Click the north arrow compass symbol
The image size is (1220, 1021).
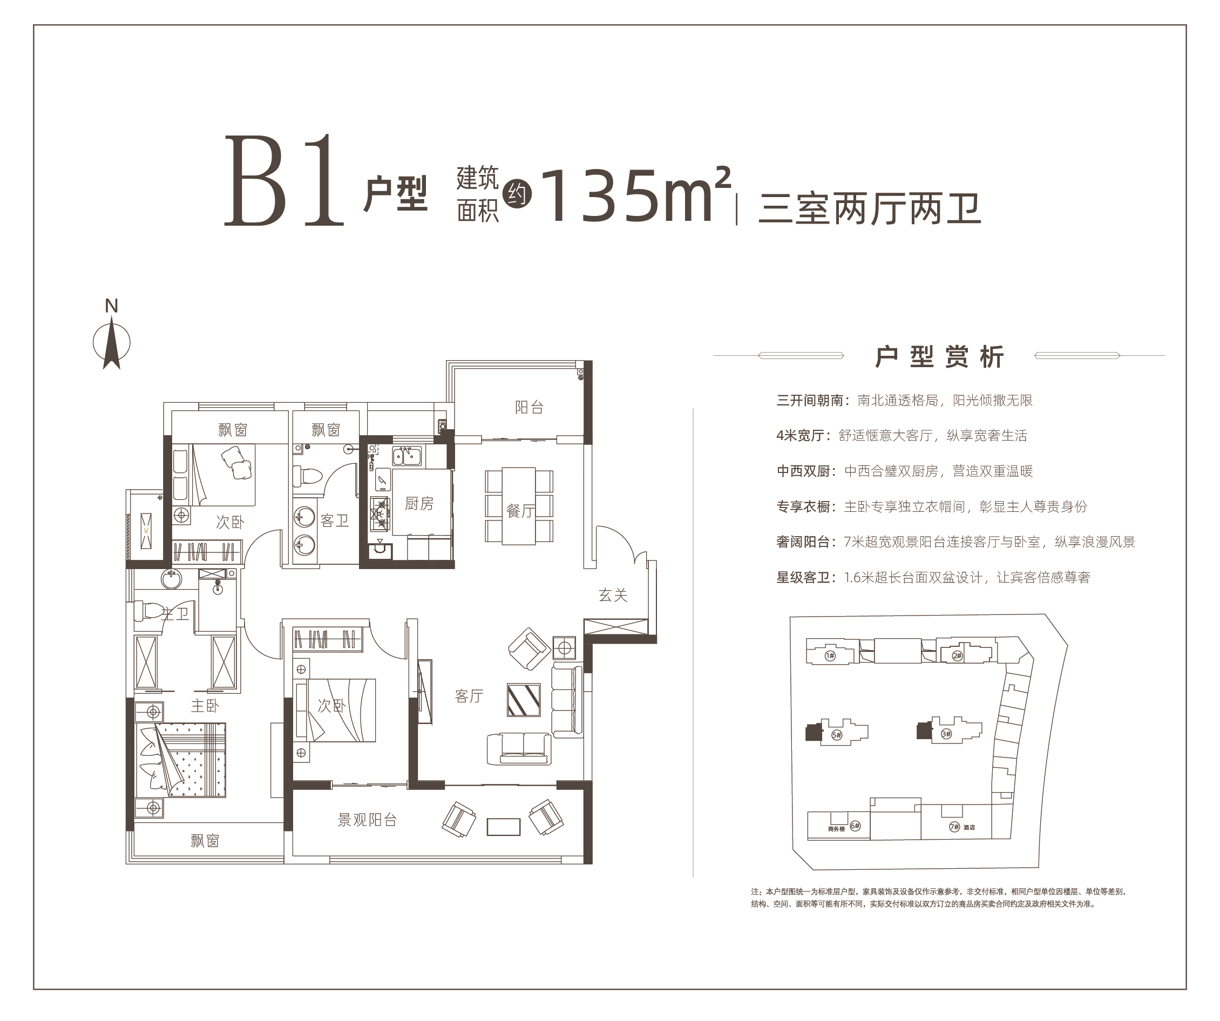pyautogui.click(x=112, y=343)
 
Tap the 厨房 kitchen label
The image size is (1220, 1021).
pyautogui.click(x=419, y=503)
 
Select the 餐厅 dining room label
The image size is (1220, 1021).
pyautogui.click(x=520, y=511)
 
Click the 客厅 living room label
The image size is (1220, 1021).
pyautogui.click(x=469, y=695)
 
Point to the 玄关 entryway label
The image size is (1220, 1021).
pyautogui.click(x=613, y=594)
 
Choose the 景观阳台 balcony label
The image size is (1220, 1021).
pyautogui.click(x=367, y=820)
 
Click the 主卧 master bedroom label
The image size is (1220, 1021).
pyautogui.click(x=205, y=706)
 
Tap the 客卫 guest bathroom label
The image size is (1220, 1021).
pyautogui.click(x=335, y=520)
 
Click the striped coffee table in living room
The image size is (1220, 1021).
pyautogui.click(x=524, y=700)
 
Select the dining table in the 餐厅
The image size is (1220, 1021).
pyautogui.click(x=519, y=505)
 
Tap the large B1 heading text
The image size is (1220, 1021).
pyautogui.click(x=284, y=181)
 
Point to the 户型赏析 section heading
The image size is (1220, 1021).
pyautogui.click(x=939, y=356)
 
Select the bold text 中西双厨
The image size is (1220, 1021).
pyautogui.click(x=803, y=471)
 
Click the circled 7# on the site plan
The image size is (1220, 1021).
pyautogui.click(x=954, y=826)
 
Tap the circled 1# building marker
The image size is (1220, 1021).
pyautogui.click(x=830, y=656)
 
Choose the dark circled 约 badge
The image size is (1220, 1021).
pyautogui.click(x=517, y=193)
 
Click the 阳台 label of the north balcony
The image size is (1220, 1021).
pyautogui.click(x=529, y=407)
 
